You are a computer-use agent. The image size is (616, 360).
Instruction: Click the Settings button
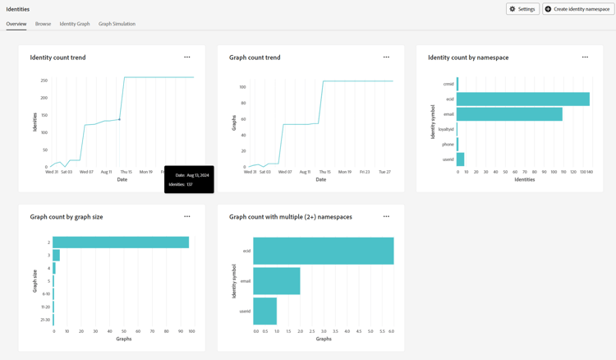[522, 9]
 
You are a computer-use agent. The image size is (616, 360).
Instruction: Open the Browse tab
[43, 24]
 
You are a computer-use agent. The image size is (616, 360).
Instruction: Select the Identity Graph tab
[75, 24]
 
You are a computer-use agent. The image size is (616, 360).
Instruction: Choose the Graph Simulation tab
[117, 24]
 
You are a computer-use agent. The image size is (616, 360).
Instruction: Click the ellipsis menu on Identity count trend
[187, 58]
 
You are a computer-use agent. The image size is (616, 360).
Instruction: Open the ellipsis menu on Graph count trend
[386, 58]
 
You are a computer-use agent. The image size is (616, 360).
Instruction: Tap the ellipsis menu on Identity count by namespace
[585, 58]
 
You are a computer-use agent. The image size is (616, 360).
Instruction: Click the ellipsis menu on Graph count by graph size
[187, 217]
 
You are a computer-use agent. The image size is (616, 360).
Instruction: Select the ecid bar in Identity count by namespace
[522, 99]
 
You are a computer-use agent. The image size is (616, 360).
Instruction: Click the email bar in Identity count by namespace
[509, 114]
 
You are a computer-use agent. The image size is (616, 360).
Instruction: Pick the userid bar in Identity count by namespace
[460, 159]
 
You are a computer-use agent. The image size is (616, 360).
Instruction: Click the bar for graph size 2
[121, 242]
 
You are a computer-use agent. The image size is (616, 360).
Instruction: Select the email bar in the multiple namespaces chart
[277, 281]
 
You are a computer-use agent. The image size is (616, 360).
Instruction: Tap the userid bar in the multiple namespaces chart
[264, 312]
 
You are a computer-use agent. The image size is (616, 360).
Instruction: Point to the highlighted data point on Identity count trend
[120, 119]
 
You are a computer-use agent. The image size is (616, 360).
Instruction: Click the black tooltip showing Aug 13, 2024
[189, 180]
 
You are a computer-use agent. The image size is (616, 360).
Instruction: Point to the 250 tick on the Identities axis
[44, 81]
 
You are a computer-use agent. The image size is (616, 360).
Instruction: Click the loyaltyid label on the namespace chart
[446, 129]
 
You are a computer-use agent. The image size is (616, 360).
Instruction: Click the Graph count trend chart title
[255, 58]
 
